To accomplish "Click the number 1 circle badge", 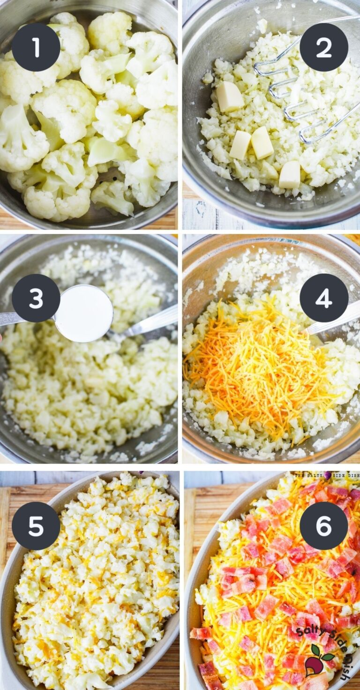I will coord(36,47).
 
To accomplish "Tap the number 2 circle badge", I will coord(324,47).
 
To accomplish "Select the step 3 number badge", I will coord(36,298).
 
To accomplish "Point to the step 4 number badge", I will coord(324,298).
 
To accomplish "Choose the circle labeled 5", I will coord(36,526).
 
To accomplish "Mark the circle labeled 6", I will coord(324,526).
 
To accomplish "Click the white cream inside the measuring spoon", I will coord(83,313).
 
